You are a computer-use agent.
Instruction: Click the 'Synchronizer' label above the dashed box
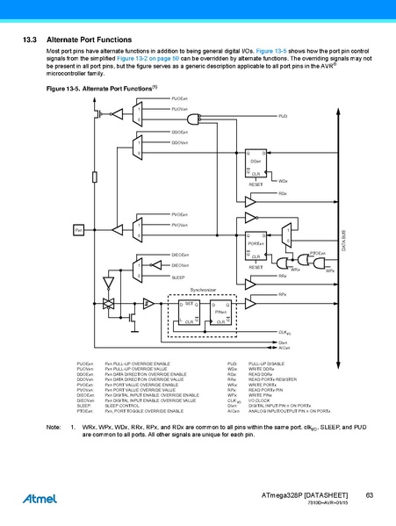click(204, 289)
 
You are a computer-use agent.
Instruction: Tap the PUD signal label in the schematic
click(283, 116)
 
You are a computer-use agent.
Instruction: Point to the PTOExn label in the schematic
click(318, 253)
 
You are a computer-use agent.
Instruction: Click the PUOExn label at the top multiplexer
click(179, 97)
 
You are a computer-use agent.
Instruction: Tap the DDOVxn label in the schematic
click(179, 141)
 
